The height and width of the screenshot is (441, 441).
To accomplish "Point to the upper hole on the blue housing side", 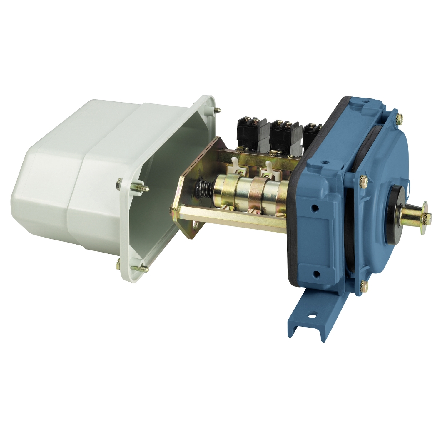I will tap(315, 209).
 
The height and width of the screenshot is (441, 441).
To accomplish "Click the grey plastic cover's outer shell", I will tap(73, 176).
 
